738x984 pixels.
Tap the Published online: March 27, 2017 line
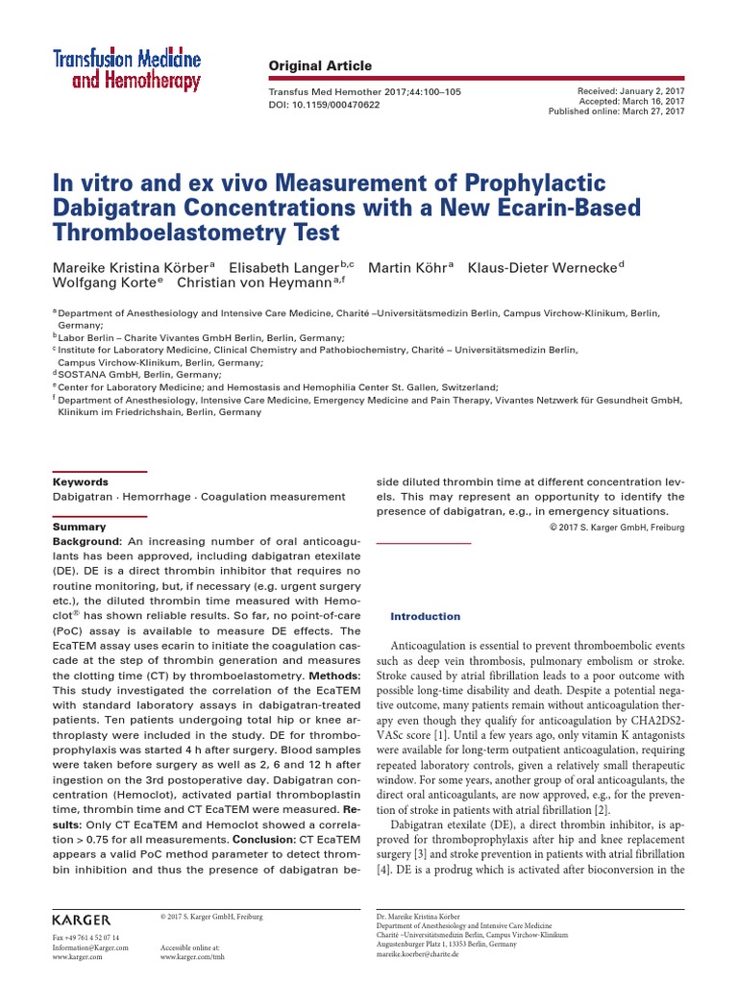615,111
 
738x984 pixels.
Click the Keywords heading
80,481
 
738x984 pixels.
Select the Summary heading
79,527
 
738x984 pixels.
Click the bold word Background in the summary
87,542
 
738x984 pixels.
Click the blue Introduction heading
425,616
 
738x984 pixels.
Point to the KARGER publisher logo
82,920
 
